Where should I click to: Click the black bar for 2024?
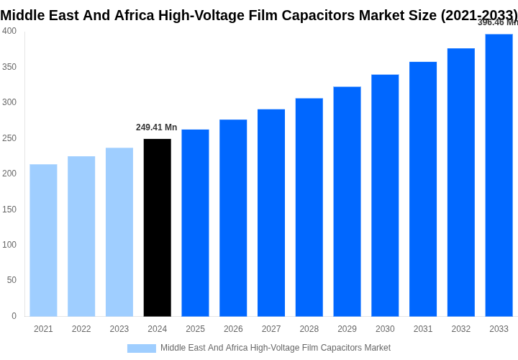158,228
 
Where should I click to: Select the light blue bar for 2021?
43,240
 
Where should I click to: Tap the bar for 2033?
499,175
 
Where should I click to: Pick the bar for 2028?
309,207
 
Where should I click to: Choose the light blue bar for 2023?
119,232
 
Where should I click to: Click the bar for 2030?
385,195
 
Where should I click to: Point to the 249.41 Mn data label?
156,127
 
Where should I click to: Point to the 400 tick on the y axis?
9,31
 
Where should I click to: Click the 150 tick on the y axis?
9,210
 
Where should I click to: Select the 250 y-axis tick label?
9,138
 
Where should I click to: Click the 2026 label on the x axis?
233,329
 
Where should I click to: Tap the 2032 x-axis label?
461,329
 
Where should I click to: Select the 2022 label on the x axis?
81,329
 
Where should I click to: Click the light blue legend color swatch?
142,348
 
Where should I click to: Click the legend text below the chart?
276,348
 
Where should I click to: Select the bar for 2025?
195,222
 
